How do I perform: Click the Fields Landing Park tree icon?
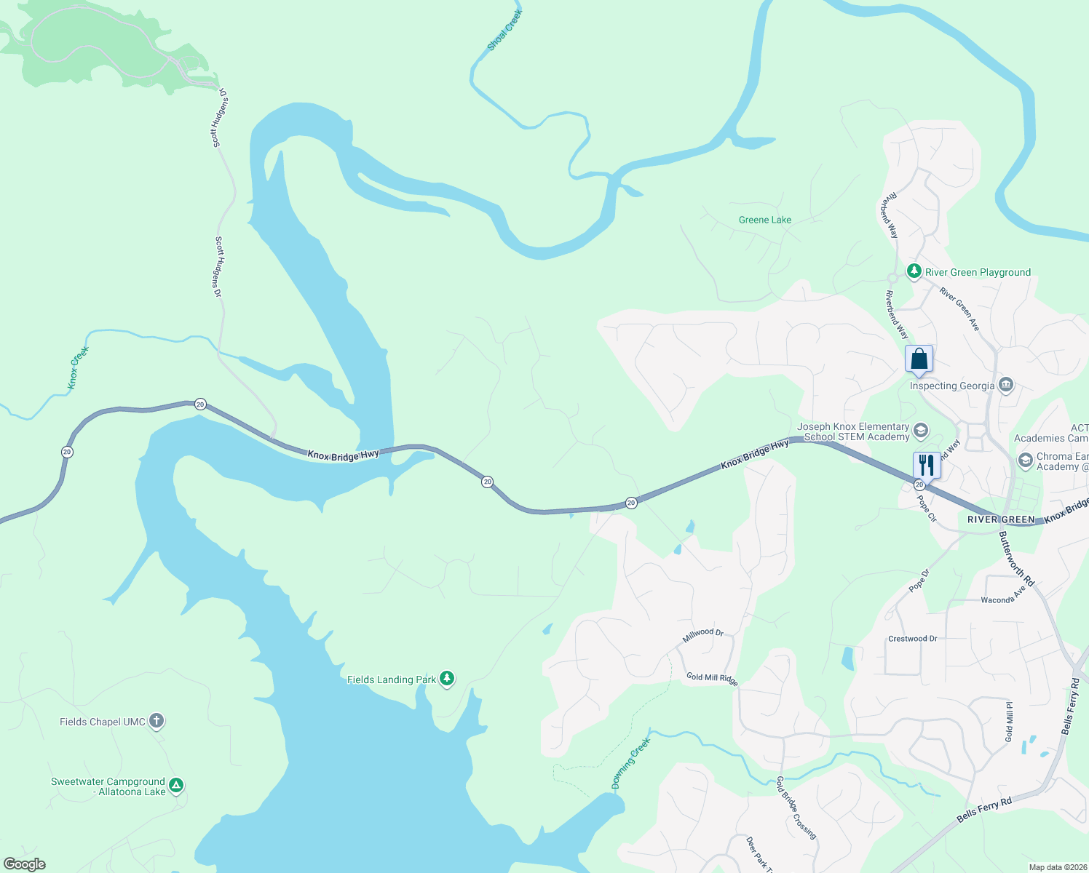[x=447, y=679]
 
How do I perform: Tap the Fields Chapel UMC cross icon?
[x=156, y=721]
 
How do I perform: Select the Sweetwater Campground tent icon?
[x=175, y=786]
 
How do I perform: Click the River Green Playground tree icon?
[x=914, y=271]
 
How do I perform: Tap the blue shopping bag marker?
[x=919, y=359]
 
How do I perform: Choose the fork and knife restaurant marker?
[x=926, y=465]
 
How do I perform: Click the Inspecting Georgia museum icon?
[x=1006, y=385]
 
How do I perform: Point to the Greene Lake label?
[x=764, y=220]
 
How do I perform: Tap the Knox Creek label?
[x=79, y=367]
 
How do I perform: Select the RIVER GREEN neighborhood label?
[x=1001, y=519]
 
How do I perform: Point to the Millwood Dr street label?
[x=702, y=635]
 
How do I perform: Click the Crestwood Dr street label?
[x=912, y=639]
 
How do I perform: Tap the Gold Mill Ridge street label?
[x=712, y=678]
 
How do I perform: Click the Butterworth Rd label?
[x=1015, y=559]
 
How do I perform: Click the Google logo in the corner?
[x=25, y=864]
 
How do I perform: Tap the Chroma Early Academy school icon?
[x=1025, y=461]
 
